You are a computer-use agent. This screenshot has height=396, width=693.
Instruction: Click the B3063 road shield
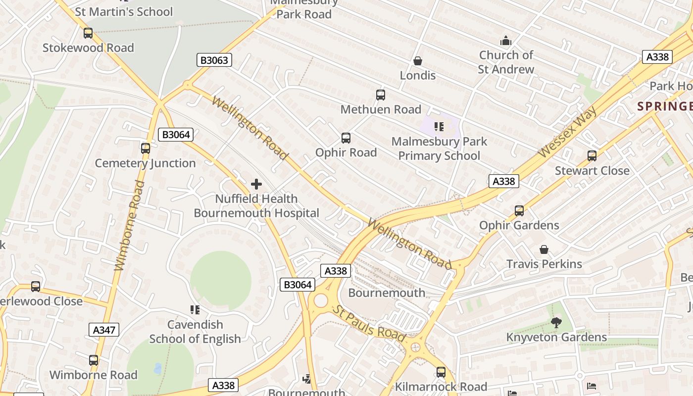[x=214, y=60]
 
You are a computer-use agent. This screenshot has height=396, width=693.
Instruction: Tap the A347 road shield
[x=104, y=330]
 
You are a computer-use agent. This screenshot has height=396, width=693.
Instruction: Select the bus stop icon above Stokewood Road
[x=88, y=33]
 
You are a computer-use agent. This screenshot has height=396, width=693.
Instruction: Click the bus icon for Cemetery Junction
[x=145, y=148]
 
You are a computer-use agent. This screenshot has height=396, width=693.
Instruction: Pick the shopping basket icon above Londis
[x=418, y=61]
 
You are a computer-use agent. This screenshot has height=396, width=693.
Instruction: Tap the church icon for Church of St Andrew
[x=506, y=41]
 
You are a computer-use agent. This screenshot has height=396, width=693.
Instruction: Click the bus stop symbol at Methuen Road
[x=380, y=95]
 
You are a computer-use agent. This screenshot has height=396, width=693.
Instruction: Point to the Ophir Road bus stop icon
[x=346, y=138]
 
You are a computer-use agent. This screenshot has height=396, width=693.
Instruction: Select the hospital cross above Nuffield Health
[x=256, y=184]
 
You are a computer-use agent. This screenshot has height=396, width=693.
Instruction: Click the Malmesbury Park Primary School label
[x=439, y=148]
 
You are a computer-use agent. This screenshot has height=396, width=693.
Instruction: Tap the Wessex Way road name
[x=567, y=131]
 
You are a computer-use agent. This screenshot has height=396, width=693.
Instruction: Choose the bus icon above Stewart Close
[x=592, y=156]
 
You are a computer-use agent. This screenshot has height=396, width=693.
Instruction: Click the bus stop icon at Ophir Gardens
[x=519, y=211]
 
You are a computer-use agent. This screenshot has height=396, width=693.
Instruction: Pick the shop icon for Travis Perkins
[x=544, y=249]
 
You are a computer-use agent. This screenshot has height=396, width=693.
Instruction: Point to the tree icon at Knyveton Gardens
[x=556, y=323]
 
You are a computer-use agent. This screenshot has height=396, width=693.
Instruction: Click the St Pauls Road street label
[x=368, y=324]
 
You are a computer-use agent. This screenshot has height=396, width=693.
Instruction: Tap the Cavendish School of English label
[x=195, y=332]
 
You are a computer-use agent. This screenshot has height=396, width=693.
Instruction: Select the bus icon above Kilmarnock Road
[x=441, y=372]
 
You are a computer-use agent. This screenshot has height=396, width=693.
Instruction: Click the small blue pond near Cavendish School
[x=157, y=368]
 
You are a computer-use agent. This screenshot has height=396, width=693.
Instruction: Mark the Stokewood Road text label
[x=88, y=48]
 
